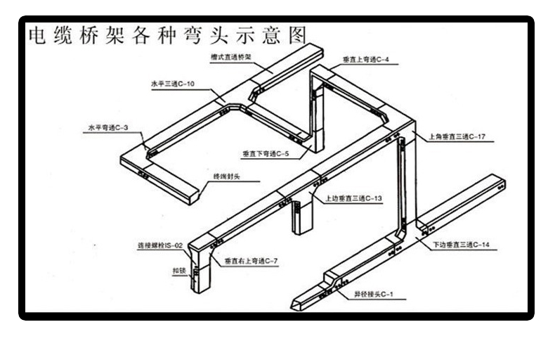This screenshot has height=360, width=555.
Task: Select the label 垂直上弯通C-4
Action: pyautogui.click(x=366, y=60)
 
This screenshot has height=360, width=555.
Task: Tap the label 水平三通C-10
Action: pyautogui.click(x=172, y=83)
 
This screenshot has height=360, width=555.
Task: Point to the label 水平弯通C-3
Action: pyautogui.click(x=107, y=128)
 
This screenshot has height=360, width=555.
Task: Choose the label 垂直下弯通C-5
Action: pyautogui.click(x=261, y=153)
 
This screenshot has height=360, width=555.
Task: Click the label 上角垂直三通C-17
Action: pyautogui.click(x=457, y=136)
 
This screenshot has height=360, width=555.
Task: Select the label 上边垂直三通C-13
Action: pyautogui.click(x=353, y=198)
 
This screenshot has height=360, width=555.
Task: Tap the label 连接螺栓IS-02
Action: pyautogui.click(x=160, y=245)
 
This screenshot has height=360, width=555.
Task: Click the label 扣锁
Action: pyautogui.click(x=178, y=270)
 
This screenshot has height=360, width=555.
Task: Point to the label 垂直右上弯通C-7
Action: pyautogui.click(x=252, y=262)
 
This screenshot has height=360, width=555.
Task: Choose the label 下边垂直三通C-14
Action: pyautogui.click(x=461, y=244)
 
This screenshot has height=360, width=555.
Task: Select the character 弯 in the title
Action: pyautogui.click(x=192, y=35)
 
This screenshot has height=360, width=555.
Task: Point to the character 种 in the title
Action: pyautogui.click(x=166, y=35)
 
